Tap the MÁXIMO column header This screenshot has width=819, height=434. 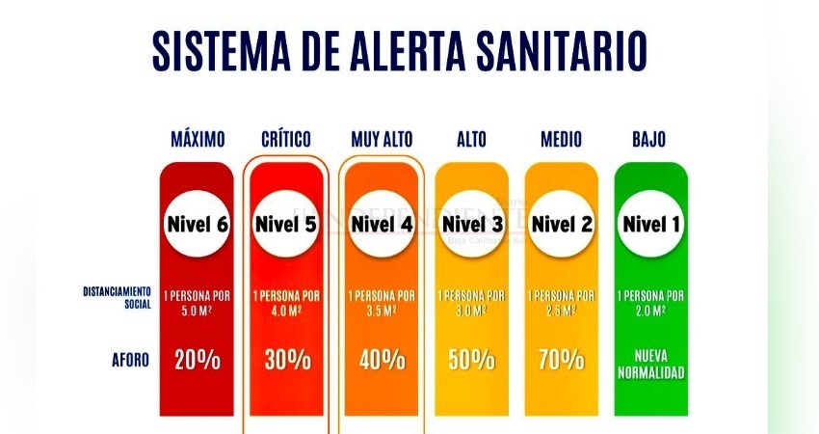pyautogui.click(x=198, y=140)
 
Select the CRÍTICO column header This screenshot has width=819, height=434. pyautogui.click(x=286, y=140)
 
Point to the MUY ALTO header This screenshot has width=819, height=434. pyautogui.click(x=382, y=140)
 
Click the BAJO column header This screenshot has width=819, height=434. pyautogui.click(x=649, y=140)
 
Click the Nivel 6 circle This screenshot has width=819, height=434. pyautogui.click(x=197, y=225)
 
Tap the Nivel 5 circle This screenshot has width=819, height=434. pyautogui.click(x=286, y=225)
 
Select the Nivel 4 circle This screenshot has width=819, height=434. pyautogui.click(x=382, y=225)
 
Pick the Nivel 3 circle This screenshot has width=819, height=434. pyautogui.click(x=471, y=225)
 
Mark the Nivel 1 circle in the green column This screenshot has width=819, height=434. pyautogui.click(x=650, y=225)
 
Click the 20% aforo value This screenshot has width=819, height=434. pyautogui.click(x=198, y=361)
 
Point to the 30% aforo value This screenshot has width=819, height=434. pyautogui.click(x=287, y=361)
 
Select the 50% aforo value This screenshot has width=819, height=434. pyautogui.click(x=471, y=361)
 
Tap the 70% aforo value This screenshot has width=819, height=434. pyautogui.click(x=561, y=361)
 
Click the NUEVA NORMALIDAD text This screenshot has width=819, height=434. pyautogui.click(x=650, y=361)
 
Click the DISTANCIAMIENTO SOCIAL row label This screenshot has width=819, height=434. pyautogui.click(x=117, y=296)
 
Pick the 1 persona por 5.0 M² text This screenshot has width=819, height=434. pyautogui.click(x=198, y=302)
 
